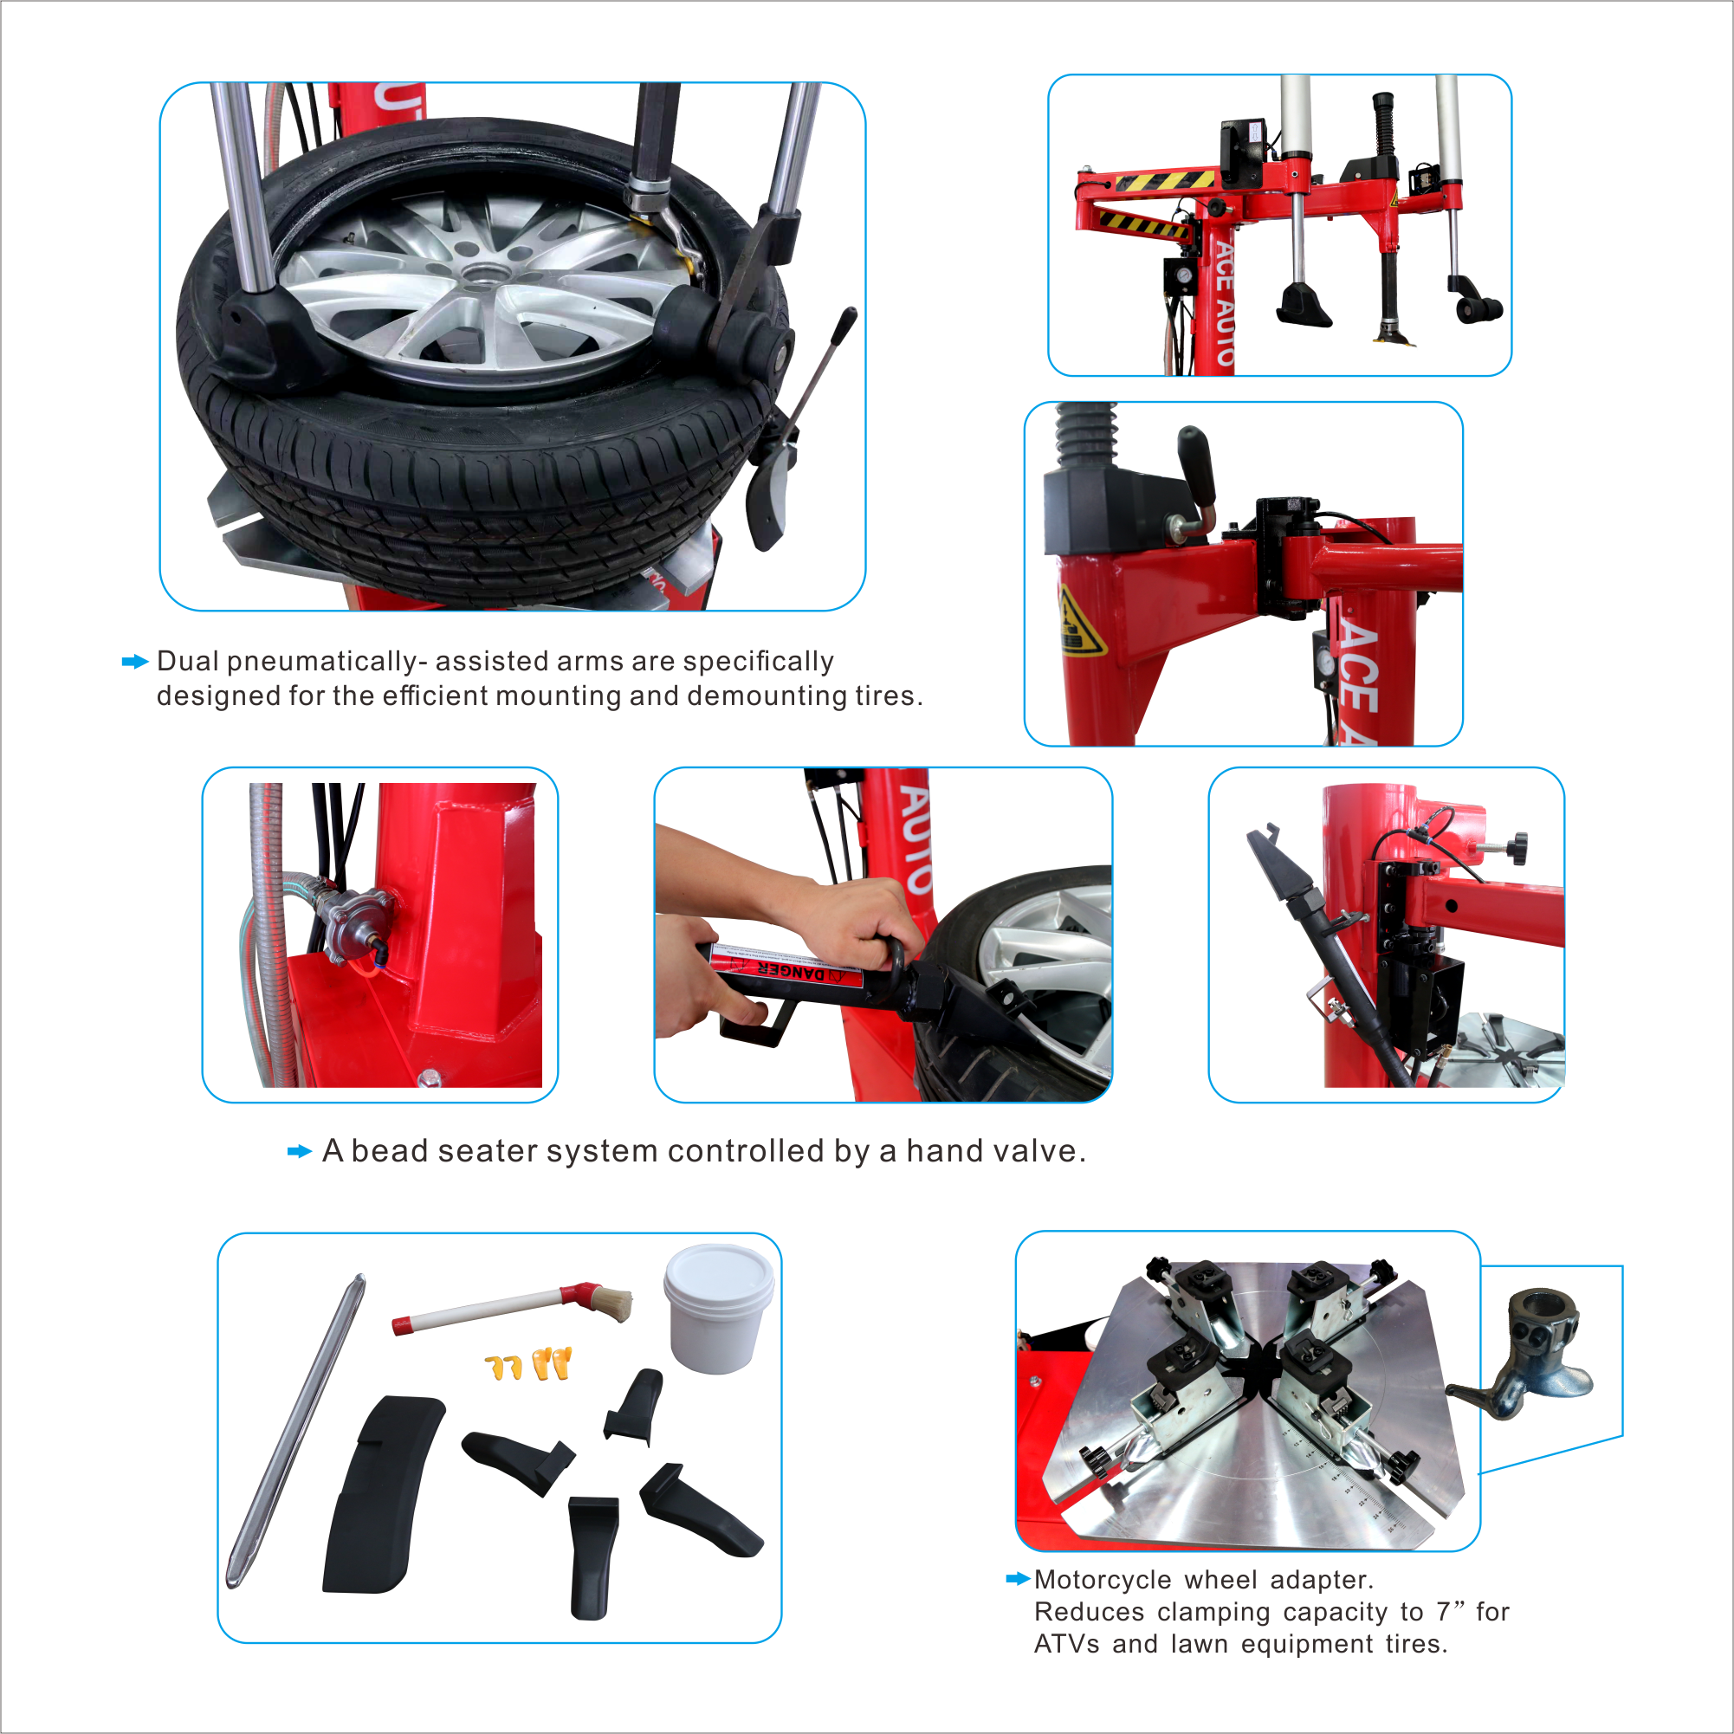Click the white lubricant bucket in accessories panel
pyautogui.click(x=718, y=1310)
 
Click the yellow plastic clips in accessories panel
pyautogui.click(x=528, y=1364)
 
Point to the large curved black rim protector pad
pyautogui.click(x=381, y=1494)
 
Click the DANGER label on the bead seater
pyautogui.click(x=790, y=970)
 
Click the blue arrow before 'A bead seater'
pyautogui.click(x=299, y=1151)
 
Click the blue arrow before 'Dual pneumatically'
pyautogui.click(x=133, y=662)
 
